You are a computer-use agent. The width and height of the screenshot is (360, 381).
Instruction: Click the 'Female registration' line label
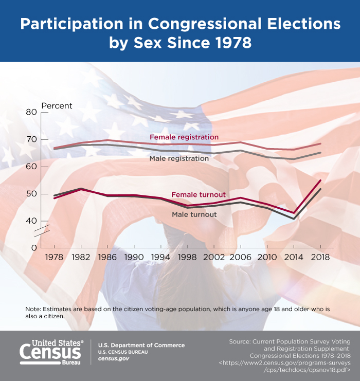184,137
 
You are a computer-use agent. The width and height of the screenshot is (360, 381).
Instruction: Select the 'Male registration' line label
179,158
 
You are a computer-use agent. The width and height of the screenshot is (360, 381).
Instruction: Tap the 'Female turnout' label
199,194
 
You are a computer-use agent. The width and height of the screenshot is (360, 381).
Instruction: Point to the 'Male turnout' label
194,214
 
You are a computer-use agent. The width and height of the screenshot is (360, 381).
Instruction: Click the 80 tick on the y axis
31,112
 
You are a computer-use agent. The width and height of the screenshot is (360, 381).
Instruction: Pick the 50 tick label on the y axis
31,194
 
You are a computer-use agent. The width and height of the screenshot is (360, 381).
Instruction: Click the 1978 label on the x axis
55,257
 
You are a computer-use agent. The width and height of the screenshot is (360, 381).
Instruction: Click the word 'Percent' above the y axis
57,106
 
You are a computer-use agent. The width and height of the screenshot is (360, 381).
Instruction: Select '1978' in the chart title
229,43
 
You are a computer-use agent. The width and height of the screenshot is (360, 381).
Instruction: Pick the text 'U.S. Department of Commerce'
141,345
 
